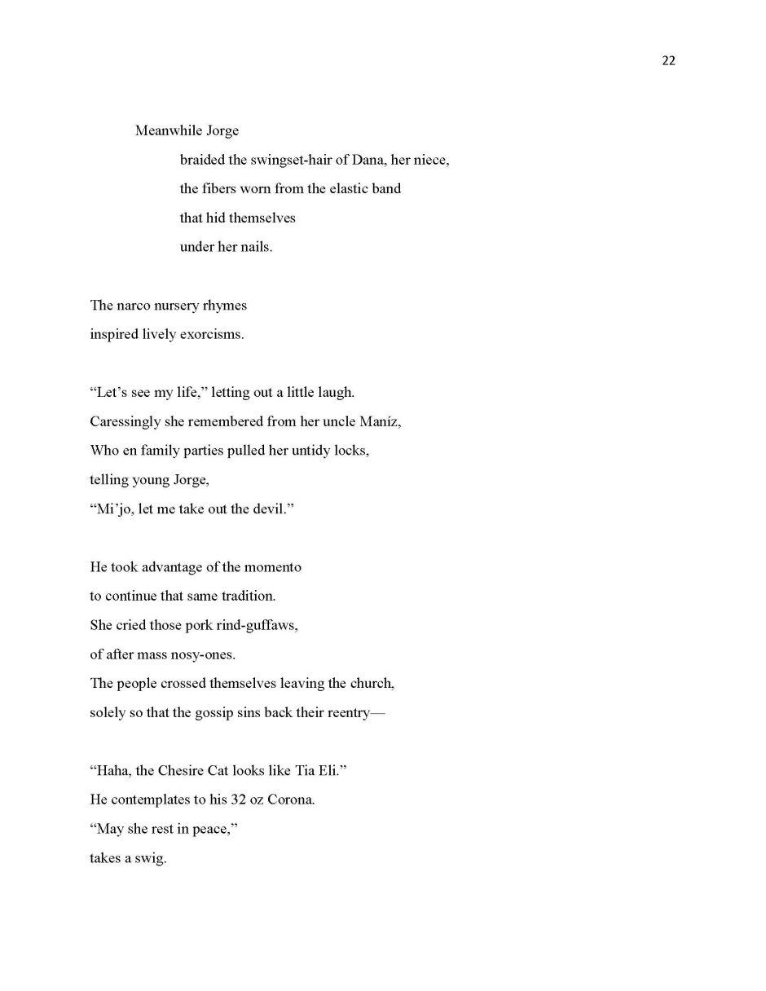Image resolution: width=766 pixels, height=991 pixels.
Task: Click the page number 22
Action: (x=668, y=61)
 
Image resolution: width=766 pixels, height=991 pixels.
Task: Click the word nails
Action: (x=256, y=247)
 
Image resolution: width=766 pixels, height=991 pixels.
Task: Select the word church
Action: (x=371, y=683)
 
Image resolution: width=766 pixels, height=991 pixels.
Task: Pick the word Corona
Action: (x=291, y=799)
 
